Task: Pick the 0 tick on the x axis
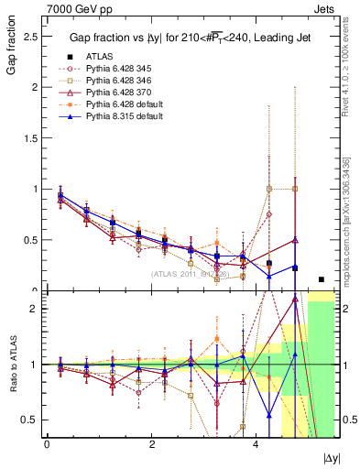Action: [x=47, y=443]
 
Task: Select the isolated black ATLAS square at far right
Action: [x=321, y=279]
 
